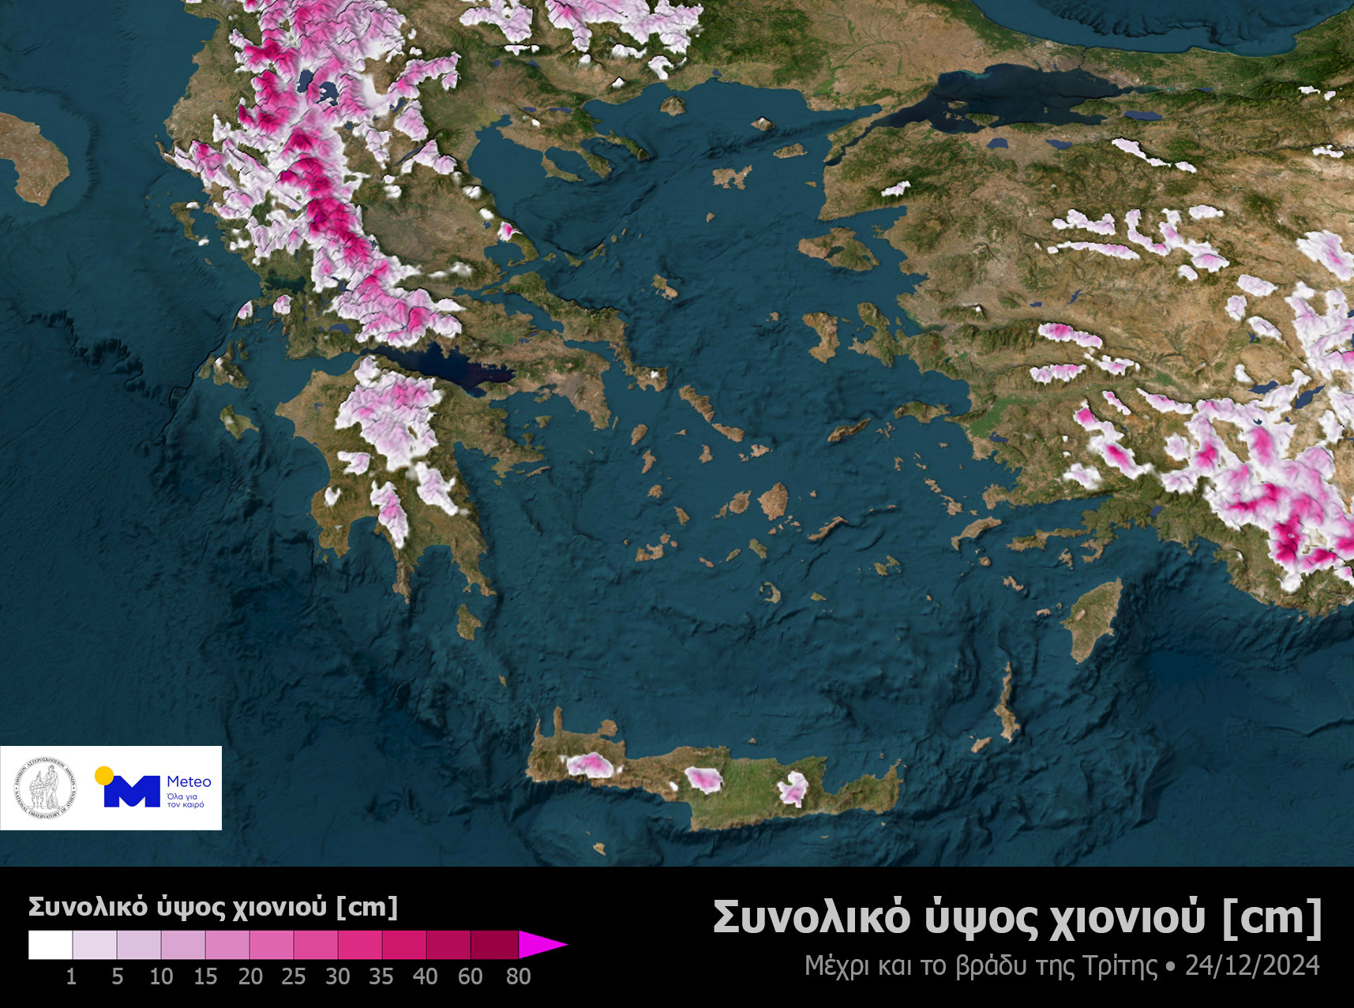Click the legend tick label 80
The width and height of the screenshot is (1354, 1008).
click(518, 976)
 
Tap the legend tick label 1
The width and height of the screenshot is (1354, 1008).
click(71, 976)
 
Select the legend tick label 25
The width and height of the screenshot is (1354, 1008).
click(293, 976)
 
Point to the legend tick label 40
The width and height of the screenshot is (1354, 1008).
click(425, 976)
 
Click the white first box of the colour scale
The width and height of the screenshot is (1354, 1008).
click(51, 945)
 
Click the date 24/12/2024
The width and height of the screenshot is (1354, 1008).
click(1252, 965)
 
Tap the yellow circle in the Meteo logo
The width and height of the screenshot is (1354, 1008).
click(103, 776)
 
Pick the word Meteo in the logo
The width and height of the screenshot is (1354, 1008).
click(189, 781)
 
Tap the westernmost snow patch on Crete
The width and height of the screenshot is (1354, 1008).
click(589, 764)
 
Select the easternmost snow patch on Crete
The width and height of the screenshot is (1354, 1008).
click(793, 789)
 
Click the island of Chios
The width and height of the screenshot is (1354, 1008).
click(821, 335)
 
